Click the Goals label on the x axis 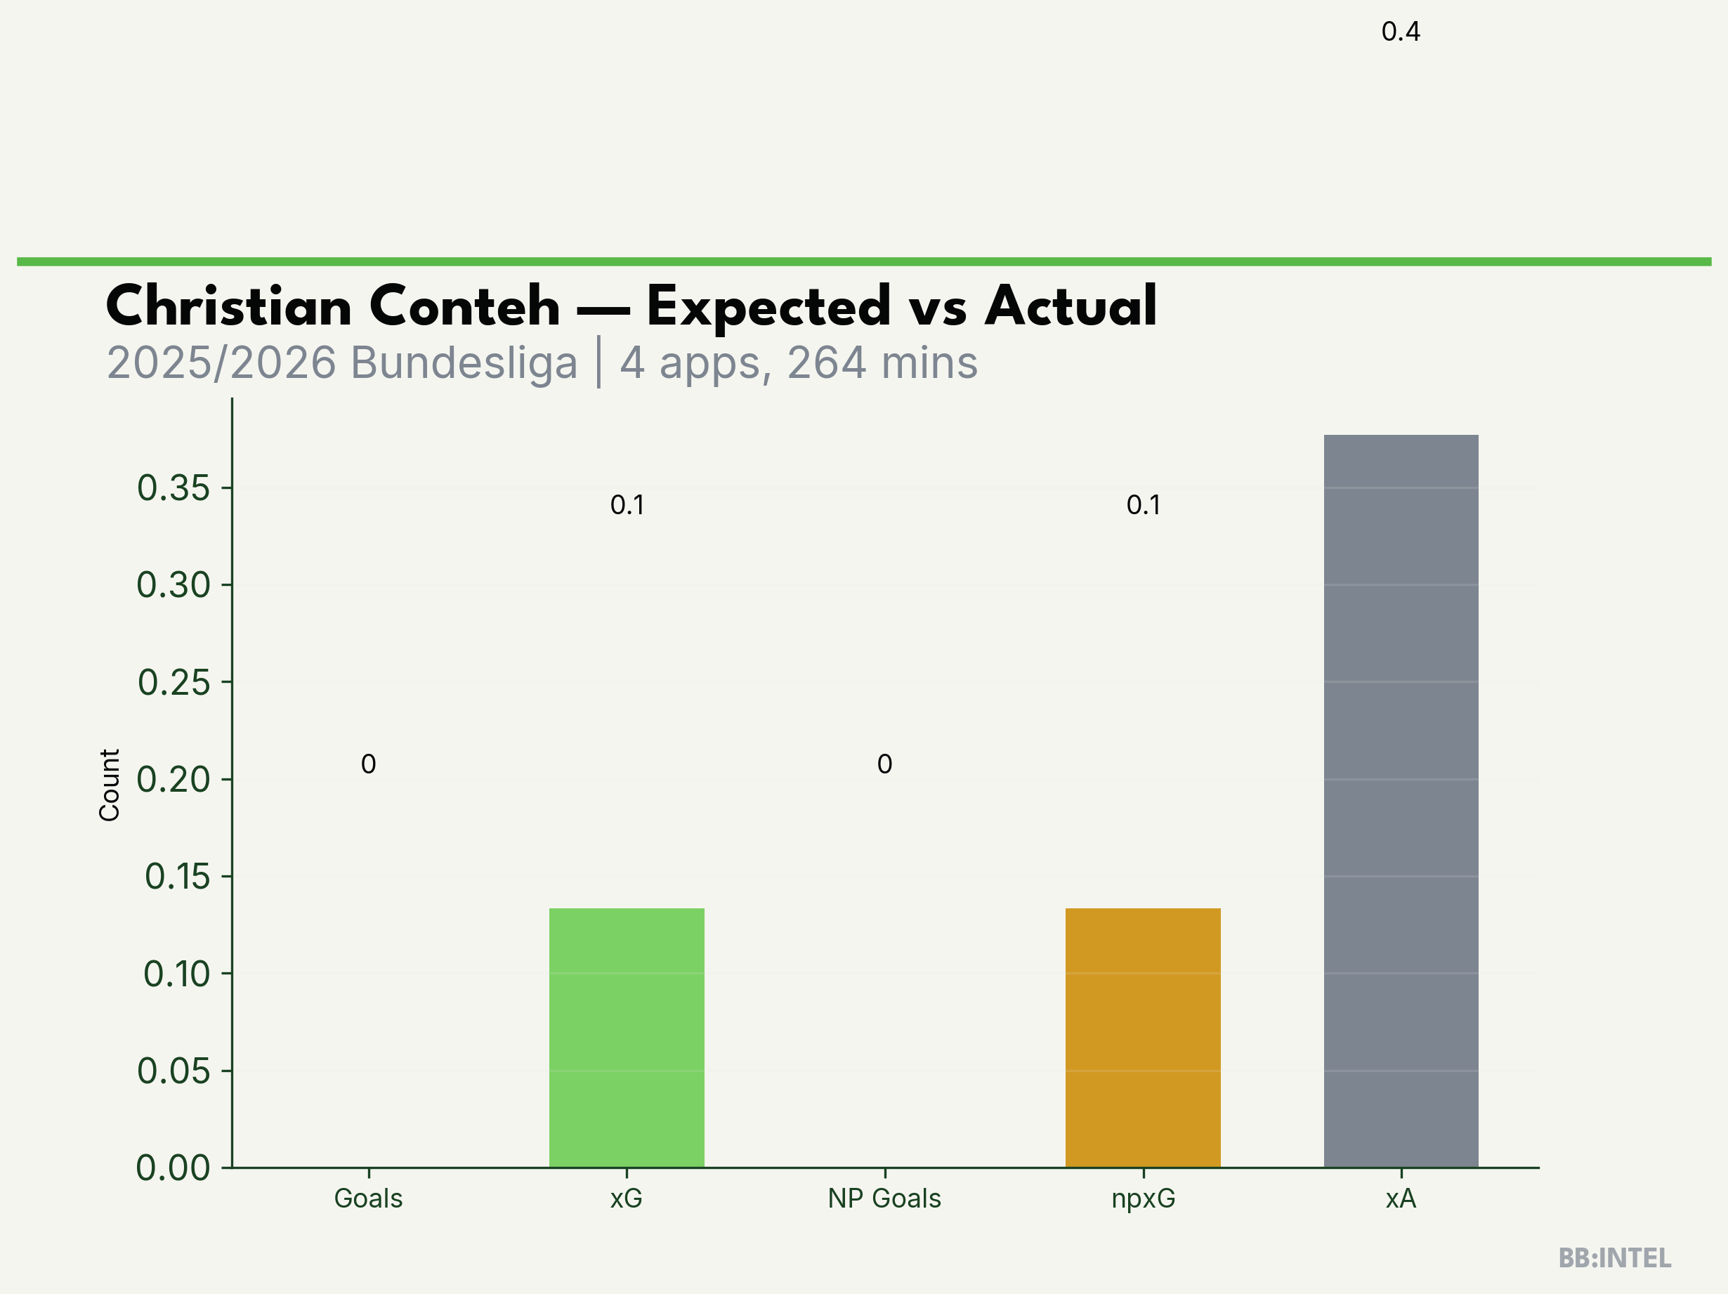tap(368, 1198)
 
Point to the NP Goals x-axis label tap(884, 1198)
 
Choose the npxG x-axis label tap(1143, 1198)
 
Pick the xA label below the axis tap(1401, 1198)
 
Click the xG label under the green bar tap(627, 1198)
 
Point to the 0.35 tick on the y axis tap(174, 488)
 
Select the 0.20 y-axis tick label tap(174, 780)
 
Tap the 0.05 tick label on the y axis tap(174, 1071)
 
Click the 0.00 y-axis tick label tap(174, 1168)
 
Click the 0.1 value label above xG tap(627, 506)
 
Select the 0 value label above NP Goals tap(884, 764)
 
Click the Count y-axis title tap(110, 785)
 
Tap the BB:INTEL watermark tap(1615, 1258)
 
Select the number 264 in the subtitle tap(827, 363)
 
